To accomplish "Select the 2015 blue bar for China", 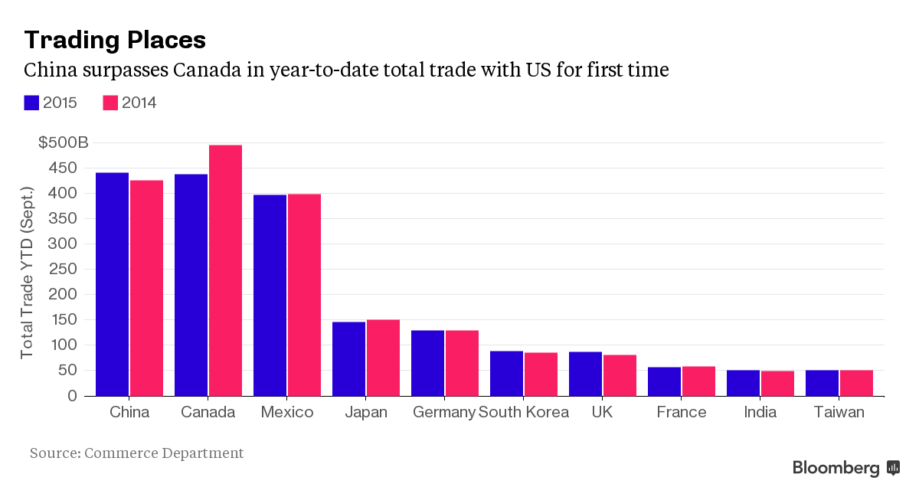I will (112, 284).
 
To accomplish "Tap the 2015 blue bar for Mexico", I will (270, 295).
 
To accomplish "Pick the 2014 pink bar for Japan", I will (383, 358).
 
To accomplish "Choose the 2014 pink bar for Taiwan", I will (856, 383).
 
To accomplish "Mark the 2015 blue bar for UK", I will (585, 374).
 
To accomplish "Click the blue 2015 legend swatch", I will (31, 103).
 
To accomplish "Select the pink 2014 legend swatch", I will (110, 103).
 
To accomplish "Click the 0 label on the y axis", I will (72, 396).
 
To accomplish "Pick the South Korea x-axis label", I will (524, 412).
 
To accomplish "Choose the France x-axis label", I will (682, 412).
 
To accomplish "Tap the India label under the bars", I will (760, 412).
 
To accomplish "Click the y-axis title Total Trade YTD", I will (28, 272).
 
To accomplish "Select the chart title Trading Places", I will (115, 39).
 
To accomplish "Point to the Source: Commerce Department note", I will (137, 453).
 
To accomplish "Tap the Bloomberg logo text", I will (836, 468).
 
